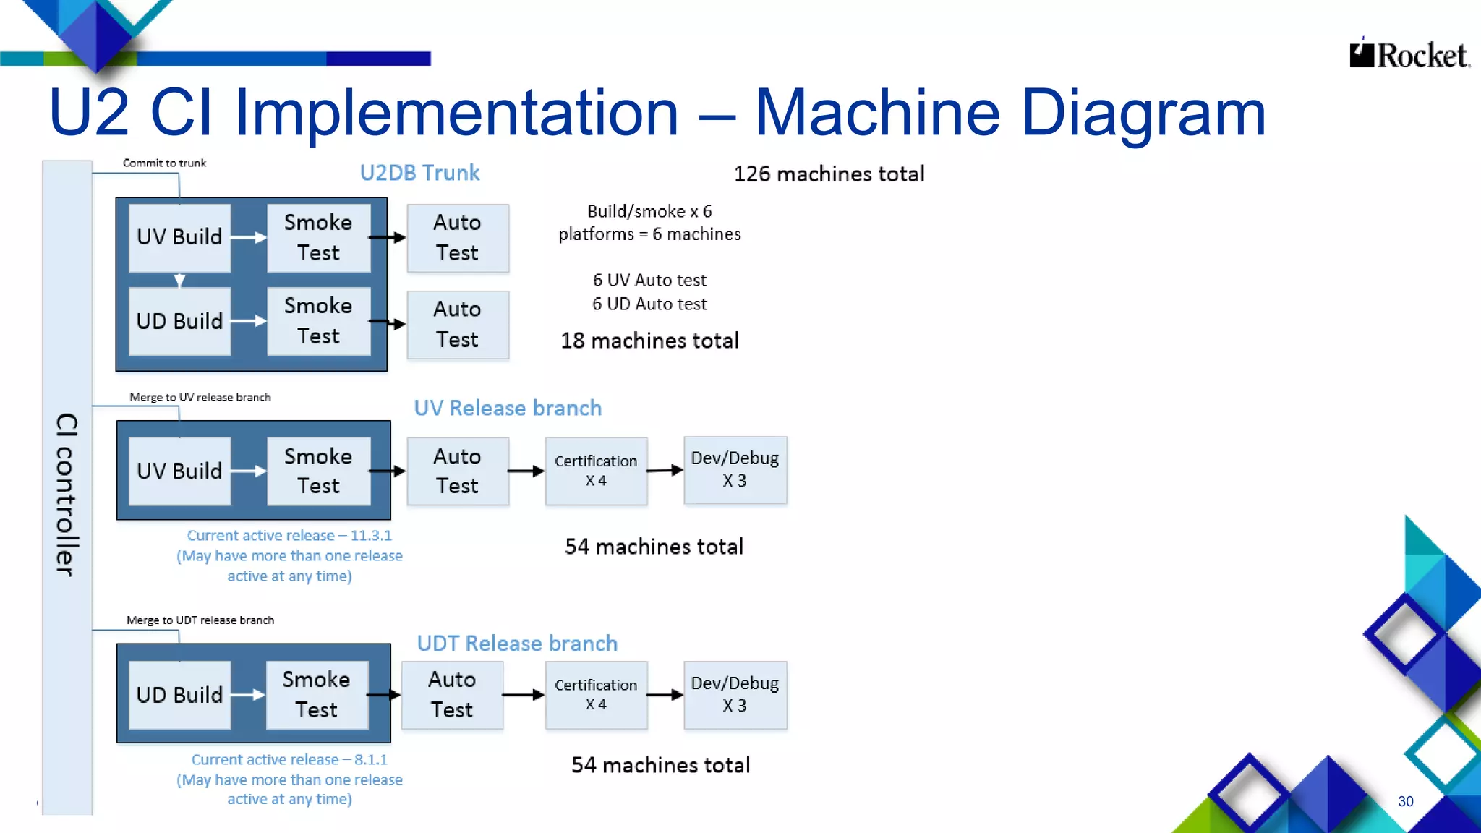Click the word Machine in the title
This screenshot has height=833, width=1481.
coord(877,113)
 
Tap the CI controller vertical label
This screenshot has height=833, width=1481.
coord(67,495)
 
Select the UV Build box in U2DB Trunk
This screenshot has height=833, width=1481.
coord(179,237)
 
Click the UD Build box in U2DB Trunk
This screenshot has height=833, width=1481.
coord(179,321)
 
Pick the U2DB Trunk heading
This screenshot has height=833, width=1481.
coord(419,173)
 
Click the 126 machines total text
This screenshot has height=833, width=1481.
coord(829,174)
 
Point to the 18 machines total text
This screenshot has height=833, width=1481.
coord(649,341)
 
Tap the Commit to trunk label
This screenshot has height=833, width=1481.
coord(164,163)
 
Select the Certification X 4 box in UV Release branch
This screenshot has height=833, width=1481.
coord(596,471)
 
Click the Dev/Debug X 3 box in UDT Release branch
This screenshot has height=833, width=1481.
coord(735,694)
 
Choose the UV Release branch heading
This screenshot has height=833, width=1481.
coord(508,408)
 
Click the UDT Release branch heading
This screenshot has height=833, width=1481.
coord(517,643)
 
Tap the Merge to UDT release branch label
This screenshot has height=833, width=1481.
coord(200,620)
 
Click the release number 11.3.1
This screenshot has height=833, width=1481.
coord(371,536)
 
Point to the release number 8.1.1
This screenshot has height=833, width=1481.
coord(371,760)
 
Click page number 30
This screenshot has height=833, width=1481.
coord(1405,801)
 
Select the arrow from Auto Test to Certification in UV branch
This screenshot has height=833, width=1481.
coord(526,471)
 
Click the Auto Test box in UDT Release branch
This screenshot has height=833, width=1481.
coord(452,694)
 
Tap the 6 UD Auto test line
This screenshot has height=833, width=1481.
coord(649,304)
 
